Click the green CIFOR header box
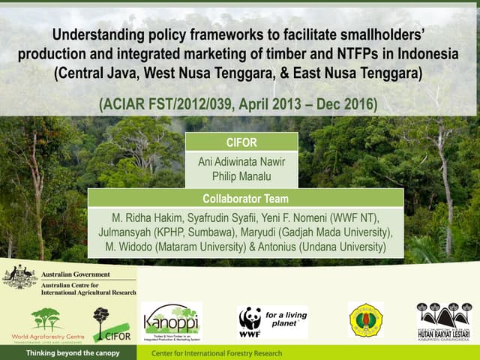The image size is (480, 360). [241, 142]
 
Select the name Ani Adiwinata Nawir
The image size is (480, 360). [241, 161]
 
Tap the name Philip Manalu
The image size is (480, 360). [241, 178]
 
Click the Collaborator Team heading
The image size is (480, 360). [245, 198]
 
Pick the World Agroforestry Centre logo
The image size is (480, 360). [46, 324]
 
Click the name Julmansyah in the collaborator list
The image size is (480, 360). [126, 232]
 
